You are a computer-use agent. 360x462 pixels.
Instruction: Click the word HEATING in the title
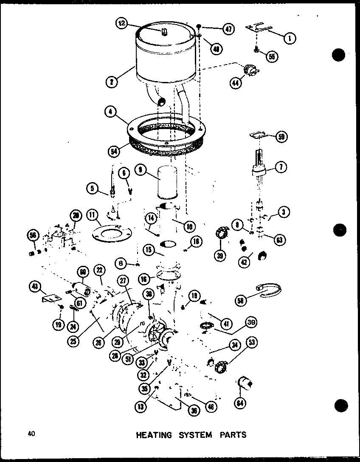pyautogui.click(x=154, y=435)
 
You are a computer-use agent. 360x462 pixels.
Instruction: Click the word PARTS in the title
pyautogui.click(x=232, y=435)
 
